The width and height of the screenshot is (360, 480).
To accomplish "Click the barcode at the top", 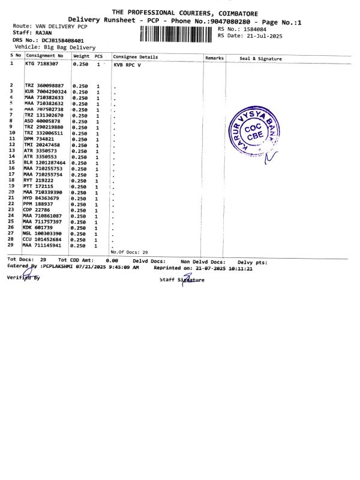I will (176, 33).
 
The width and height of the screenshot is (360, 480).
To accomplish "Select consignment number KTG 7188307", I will (41, 64).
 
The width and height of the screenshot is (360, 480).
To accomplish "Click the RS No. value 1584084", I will (252, 29).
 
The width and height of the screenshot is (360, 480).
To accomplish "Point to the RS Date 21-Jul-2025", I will (261, 35).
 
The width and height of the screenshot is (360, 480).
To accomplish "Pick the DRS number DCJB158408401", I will (59, 40).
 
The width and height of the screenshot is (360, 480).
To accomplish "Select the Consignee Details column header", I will (135, 57).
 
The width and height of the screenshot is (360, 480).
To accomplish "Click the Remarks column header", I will (214, 58).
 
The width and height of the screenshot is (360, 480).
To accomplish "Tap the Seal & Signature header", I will (260, 58).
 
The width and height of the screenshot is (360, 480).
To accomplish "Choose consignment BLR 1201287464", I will (44, 163).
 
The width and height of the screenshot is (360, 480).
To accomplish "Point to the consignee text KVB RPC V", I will (127, 64).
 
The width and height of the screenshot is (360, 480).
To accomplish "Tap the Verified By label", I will (23, 278).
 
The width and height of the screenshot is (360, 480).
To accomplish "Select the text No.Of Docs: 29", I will (129, 253).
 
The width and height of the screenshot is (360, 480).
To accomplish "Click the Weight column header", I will (81, 56).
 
